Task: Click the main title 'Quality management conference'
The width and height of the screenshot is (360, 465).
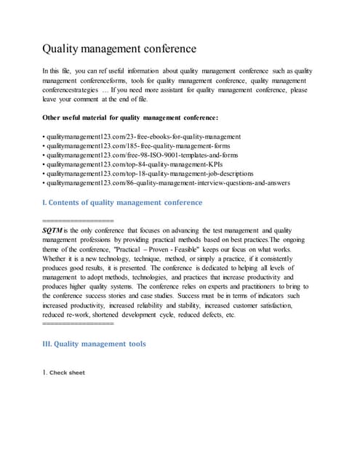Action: (x=118, y=49)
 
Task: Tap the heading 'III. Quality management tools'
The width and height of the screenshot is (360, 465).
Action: (x=95, y=344)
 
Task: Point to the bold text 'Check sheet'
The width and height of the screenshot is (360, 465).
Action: (x=67, y=373)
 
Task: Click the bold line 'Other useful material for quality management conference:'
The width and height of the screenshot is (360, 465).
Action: (x=130, y=117)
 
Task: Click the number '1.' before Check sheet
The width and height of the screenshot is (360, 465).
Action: (x=45, y=373)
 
